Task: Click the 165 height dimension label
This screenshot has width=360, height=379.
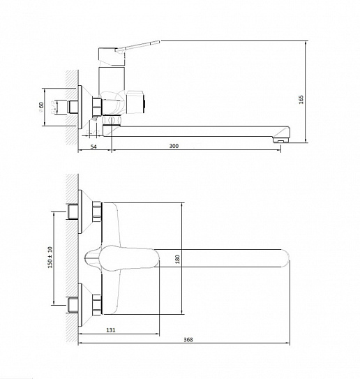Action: pos(301,100)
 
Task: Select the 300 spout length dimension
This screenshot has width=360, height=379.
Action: pos(174,146)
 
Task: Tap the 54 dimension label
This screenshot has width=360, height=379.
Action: pos(93,147)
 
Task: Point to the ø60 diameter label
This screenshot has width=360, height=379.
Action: pos(41,107)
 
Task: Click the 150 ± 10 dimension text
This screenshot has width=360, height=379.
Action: pos(50,257)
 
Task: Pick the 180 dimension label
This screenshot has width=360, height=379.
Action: pos(178,259)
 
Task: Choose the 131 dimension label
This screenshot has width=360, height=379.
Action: pos(111,330)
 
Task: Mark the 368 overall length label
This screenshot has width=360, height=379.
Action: pos(188,340)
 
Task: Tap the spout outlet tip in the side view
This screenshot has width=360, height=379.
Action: pos(281,140)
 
